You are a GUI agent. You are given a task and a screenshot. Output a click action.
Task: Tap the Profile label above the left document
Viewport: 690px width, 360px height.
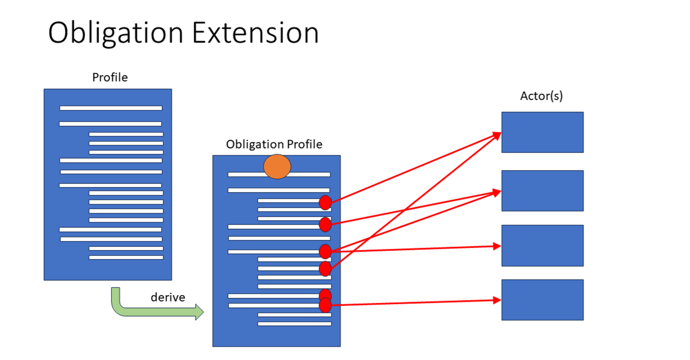110,78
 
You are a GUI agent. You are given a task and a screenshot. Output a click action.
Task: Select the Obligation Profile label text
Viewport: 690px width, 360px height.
274,145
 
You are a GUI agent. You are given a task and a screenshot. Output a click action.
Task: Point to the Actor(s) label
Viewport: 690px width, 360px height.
541,96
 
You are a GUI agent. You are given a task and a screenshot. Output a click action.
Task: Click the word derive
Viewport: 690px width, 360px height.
168,298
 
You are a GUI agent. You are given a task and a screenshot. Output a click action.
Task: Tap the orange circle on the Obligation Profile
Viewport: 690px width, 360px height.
277,166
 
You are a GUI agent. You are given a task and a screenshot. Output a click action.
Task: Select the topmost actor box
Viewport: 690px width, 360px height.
542,132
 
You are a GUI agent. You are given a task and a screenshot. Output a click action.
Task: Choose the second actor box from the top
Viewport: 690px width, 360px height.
542,191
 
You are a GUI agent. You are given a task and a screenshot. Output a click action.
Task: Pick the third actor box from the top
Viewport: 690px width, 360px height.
542,245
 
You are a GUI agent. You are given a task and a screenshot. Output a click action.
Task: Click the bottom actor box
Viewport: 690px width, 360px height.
542,300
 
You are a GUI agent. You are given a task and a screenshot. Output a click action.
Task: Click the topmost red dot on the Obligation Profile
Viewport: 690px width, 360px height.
325,203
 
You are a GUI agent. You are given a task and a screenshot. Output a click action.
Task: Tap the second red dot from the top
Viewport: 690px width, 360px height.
325,224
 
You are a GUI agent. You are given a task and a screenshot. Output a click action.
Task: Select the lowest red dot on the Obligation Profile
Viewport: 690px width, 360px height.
325,305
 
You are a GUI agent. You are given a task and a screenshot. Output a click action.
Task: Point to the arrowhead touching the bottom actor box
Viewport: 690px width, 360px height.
497,300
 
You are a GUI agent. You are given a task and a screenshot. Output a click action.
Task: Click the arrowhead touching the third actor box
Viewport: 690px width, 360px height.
497,246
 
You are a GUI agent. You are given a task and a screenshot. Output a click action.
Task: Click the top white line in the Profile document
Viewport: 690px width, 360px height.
111,108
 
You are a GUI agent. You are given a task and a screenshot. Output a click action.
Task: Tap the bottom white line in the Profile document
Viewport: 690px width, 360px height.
126,258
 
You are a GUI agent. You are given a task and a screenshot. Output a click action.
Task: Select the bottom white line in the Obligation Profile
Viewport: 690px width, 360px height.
294,323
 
